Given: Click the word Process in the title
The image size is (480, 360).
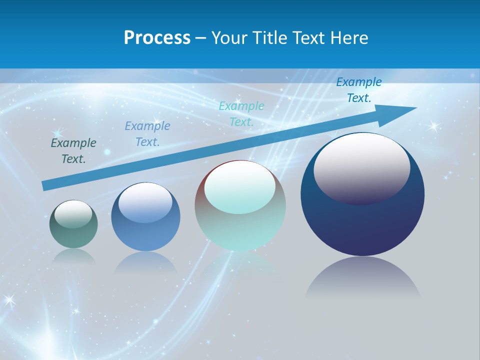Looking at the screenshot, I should pos(157,38).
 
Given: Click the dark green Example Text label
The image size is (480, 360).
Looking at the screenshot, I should pos(73,150).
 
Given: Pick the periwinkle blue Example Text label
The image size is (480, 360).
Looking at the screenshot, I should pos(147,133).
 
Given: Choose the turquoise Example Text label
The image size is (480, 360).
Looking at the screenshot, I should pos(241,113).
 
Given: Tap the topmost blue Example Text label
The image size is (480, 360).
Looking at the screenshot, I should pos(359,90).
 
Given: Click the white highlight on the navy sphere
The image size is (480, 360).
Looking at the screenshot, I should pos(361,167).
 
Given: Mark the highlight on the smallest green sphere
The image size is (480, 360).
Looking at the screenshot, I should pos(73,213).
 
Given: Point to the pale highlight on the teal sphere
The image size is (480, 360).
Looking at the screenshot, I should pos(240,186).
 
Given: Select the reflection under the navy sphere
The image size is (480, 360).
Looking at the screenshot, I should pos(362,277).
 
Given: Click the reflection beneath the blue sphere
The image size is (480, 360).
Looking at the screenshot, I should pos(145,262).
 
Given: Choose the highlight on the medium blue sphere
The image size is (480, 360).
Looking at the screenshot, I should pos(145,201).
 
